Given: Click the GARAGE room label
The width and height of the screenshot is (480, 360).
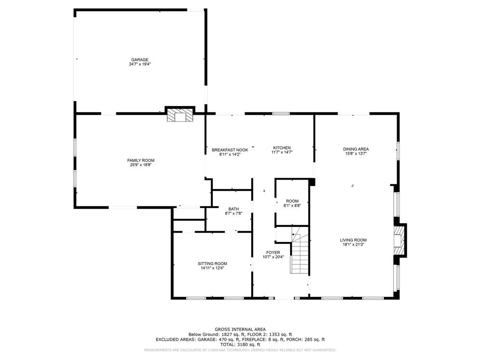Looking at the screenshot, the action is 140,60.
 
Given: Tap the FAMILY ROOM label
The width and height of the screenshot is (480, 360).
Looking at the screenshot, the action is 141,160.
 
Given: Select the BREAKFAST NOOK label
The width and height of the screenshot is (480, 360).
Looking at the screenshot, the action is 230,150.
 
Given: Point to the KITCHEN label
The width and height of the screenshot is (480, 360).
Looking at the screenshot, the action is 282,148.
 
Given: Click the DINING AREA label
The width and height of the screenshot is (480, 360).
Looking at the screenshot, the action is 356,149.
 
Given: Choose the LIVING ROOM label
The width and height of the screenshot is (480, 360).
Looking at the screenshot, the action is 353,240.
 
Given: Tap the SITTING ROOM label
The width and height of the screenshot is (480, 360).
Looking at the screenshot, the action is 212,263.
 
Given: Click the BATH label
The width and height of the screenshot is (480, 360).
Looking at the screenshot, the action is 233,209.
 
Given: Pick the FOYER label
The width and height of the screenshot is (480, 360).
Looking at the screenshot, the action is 273,253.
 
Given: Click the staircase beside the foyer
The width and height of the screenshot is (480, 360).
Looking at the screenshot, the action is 300,250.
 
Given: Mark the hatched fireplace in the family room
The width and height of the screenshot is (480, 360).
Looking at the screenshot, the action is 180,115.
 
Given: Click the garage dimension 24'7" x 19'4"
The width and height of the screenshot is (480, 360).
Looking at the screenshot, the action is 140,64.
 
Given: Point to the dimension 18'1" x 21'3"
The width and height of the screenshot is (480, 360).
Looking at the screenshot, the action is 353,245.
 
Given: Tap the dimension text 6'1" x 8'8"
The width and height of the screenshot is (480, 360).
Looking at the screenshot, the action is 292,206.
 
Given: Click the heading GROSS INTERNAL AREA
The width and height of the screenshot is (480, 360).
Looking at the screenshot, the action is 240,330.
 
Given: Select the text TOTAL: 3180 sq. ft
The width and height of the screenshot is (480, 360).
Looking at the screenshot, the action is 240,345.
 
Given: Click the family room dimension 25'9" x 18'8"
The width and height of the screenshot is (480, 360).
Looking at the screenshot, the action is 141,165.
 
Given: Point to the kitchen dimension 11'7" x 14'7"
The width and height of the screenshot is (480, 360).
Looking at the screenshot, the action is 282,152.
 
